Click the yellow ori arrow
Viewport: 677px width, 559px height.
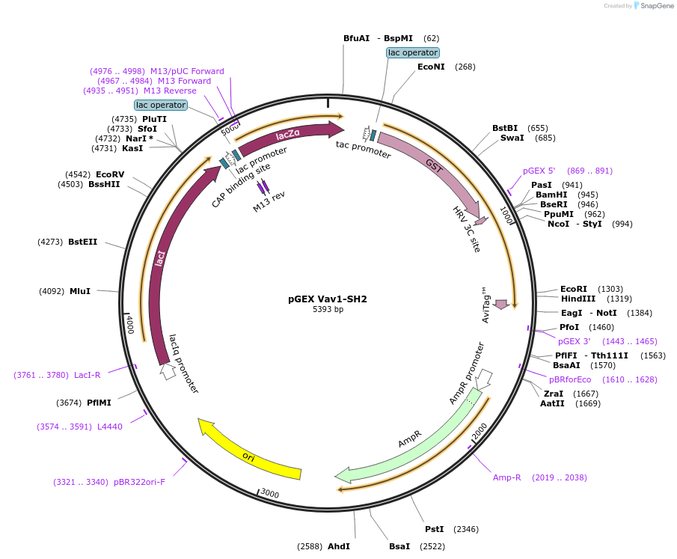(x=251, y=453)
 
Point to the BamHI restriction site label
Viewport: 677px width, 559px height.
(x=551, y=195)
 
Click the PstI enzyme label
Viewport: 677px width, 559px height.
(x=435, y=529)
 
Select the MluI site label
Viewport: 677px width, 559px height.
(x=80, y=291)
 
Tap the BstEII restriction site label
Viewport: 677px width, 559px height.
(x=82, y=242)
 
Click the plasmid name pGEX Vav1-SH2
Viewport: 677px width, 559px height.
(x=328, y=299)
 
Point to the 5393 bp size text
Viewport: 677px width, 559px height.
(x=328, y=309)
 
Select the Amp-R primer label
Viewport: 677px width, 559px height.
(x=506, y=477)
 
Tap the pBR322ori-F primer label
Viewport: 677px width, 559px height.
(x=139, y=482)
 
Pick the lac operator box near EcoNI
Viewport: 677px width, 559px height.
(x=413, y=52)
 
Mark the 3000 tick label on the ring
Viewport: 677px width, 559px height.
(x=269, y=494)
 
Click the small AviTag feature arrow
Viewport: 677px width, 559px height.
(x=501, y=304)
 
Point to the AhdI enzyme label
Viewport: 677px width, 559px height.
(x=339, y=546)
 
